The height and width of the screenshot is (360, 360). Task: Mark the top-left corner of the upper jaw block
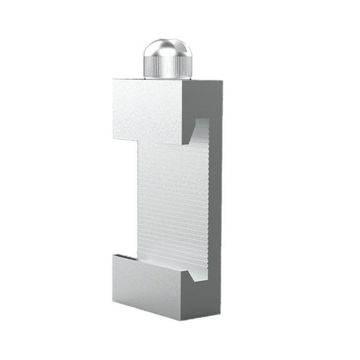coord(114,80)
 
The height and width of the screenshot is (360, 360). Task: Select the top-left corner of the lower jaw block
coord(114,255)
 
